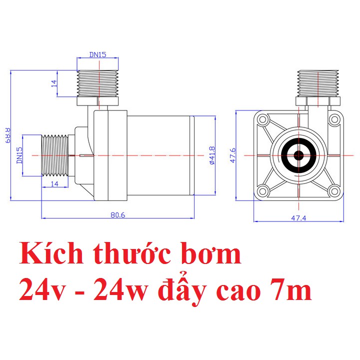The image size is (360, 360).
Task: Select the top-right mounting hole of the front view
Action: (x=334, y=120)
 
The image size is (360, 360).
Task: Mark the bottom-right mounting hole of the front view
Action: (x=334, y=190)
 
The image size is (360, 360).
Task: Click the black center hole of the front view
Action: (x=299, y=155)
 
